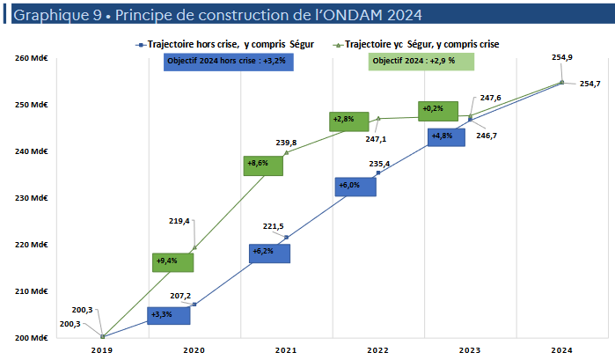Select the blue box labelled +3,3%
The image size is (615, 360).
(x=168, y=315)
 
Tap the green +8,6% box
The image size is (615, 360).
(x=263, y=165)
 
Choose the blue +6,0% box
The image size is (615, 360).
(x=355, y=186)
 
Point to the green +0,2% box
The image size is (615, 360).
(x=437, y=110)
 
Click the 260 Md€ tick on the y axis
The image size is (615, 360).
(x=29, y=59)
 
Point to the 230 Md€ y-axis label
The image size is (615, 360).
(x=29, y=198)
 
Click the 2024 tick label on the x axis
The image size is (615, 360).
(x=562, y=349)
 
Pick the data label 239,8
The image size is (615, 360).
(x=287, y=143)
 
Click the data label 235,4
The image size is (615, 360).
(x=380, y=164)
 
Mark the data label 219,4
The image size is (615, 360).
(x=179, y=221)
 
